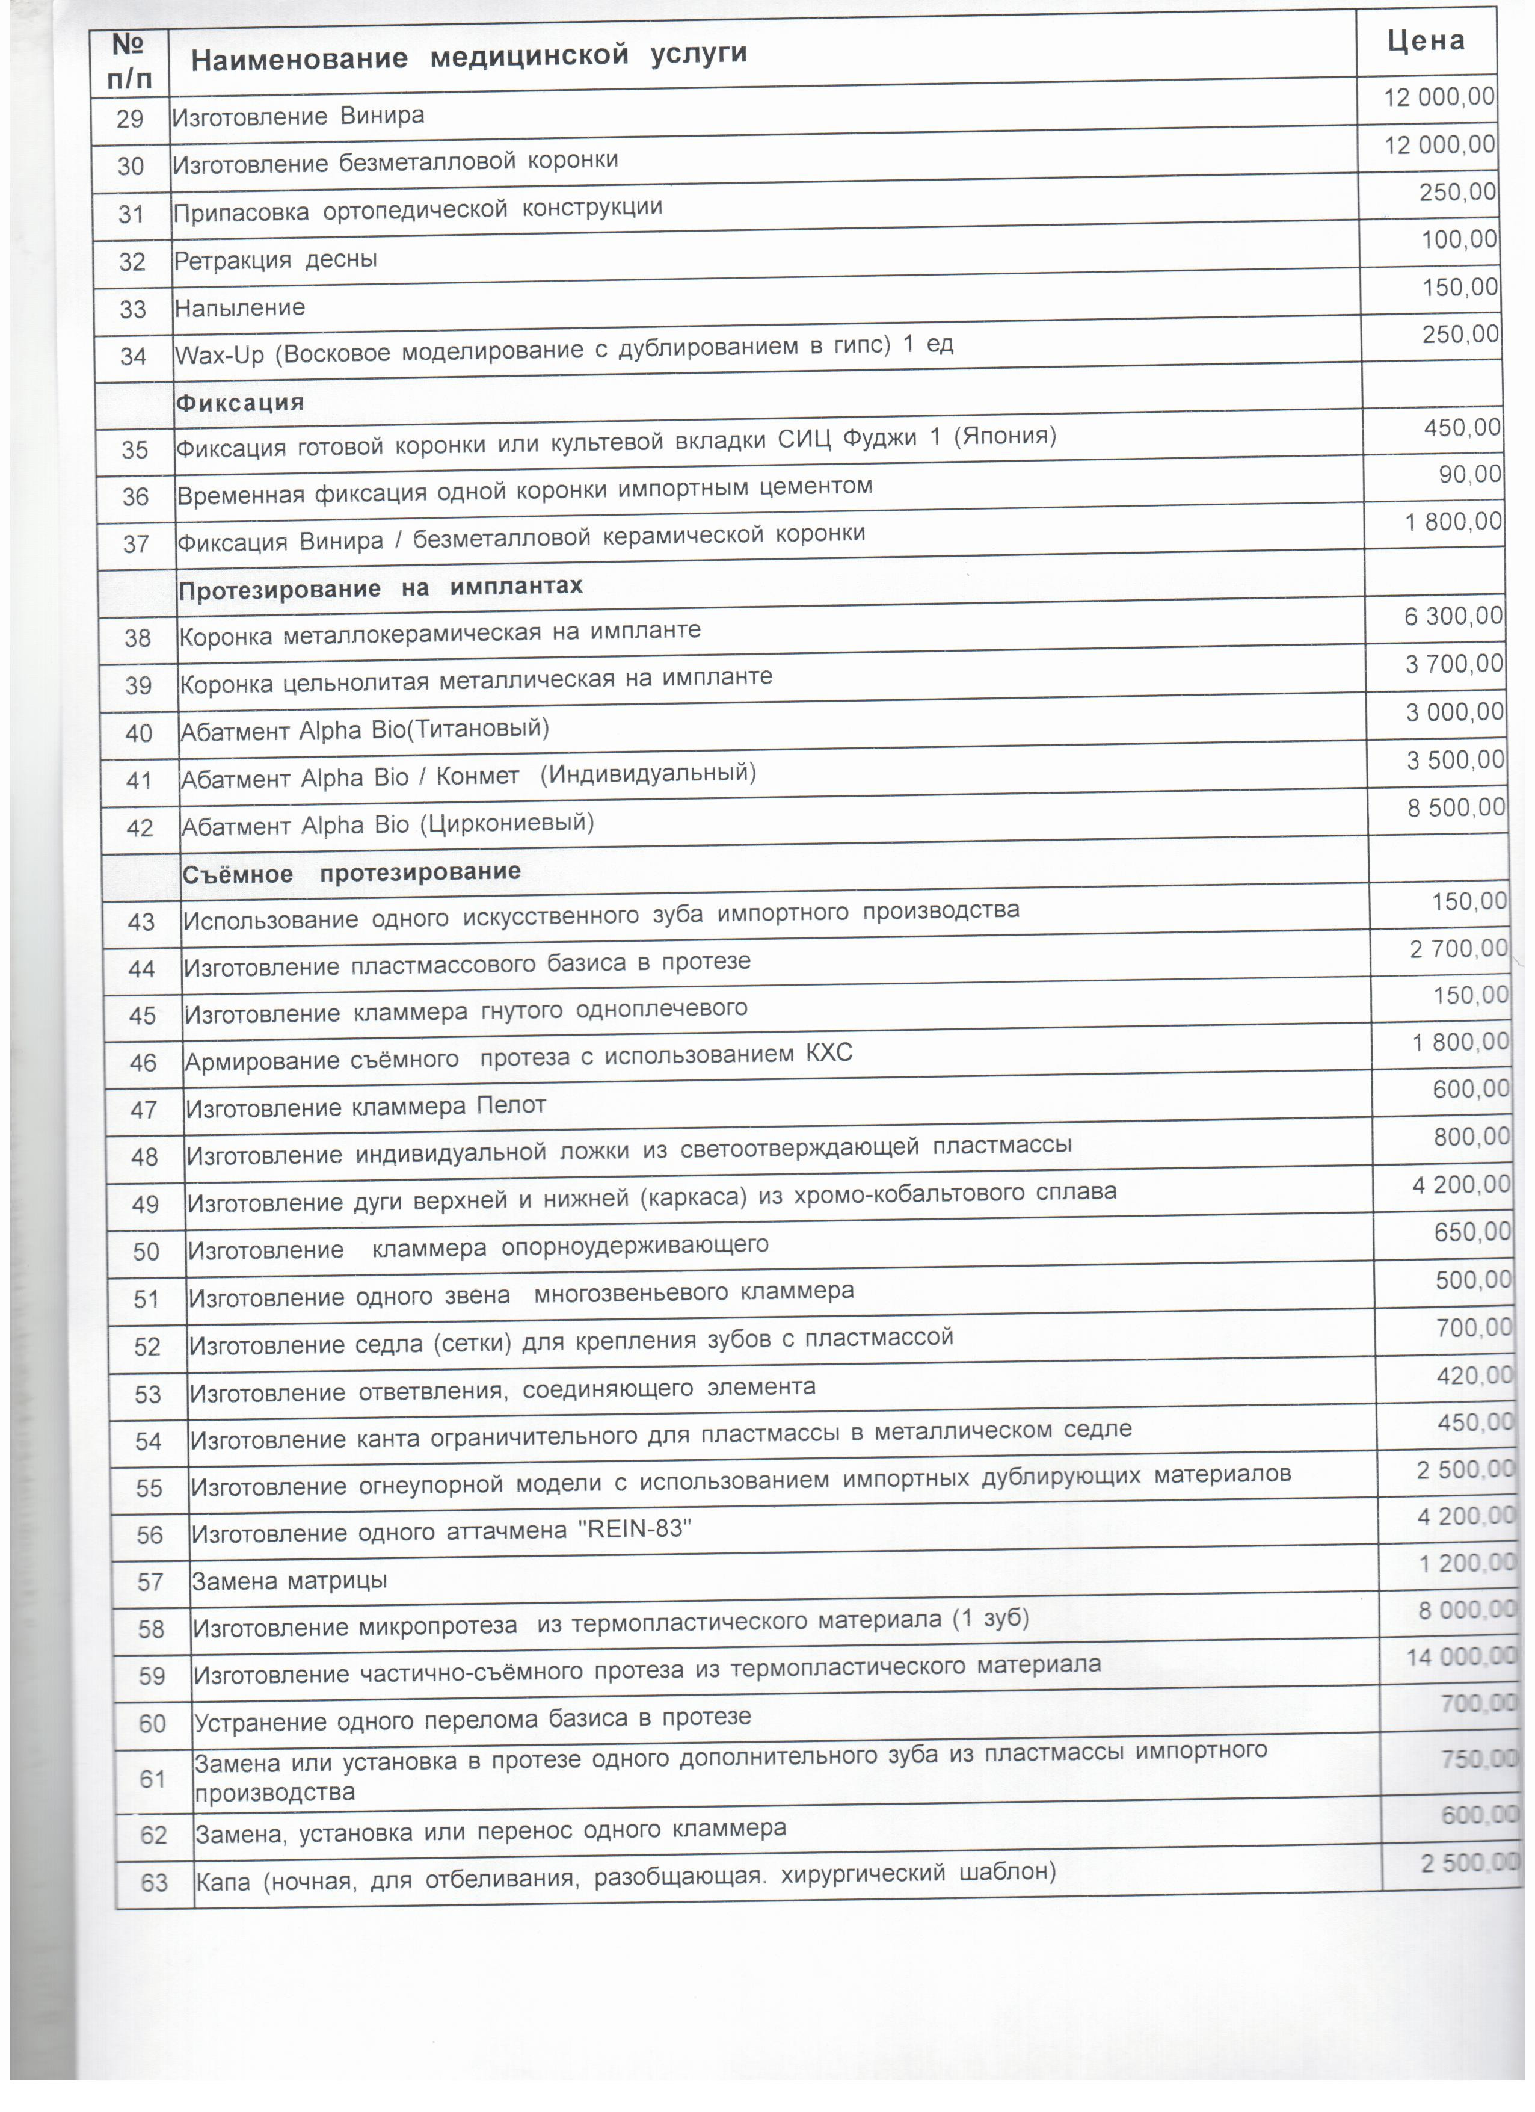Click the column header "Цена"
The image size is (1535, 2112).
(1425, 41)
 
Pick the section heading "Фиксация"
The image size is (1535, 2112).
(240, 403)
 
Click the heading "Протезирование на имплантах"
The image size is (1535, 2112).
(381, 588)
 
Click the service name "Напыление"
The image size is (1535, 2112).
(240, 308)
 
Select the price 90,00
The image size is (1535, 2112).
(1470, 475)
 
